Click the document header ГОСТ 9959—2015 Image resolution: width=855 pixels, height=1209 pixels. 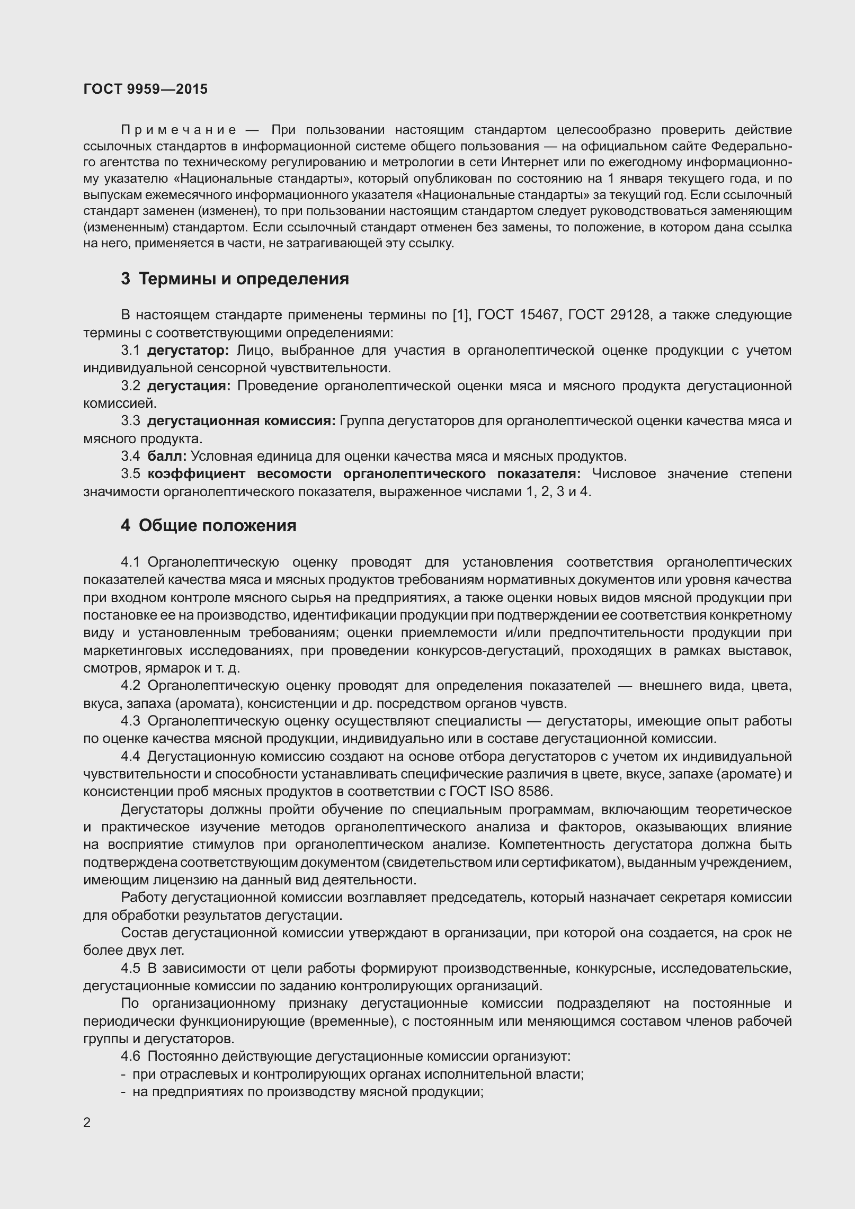(x=145, y=89)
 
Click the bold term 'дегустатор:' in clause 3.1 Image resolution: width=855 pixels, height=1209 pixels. (x=188, y=350)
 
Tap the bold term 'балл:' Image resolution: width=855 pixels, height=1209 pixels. (x=167, y=456)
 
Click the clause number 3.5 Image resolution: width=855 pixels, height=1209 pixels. (x=130, y=473)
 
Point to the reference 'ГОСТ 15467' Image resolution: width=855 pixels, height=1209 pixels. (x=518, y=315)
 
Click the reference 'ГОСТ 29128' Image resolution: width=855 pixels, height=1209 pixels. (x=608, y=315)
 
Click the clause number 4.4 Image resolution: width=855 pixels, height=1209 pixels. (x=130, y=756)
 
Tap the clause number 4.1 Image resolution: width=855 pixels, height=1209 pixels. (x=130, y=562)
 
